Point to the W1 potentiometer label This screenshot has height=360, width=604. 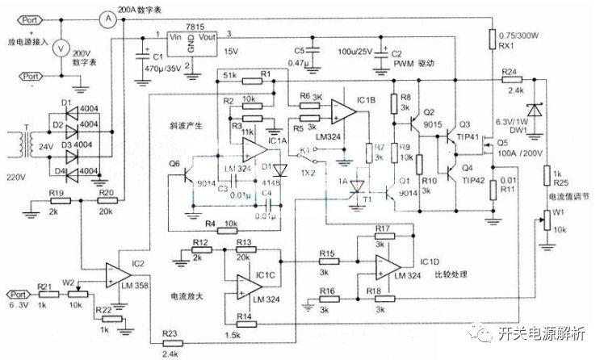(x=556, y=213)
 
